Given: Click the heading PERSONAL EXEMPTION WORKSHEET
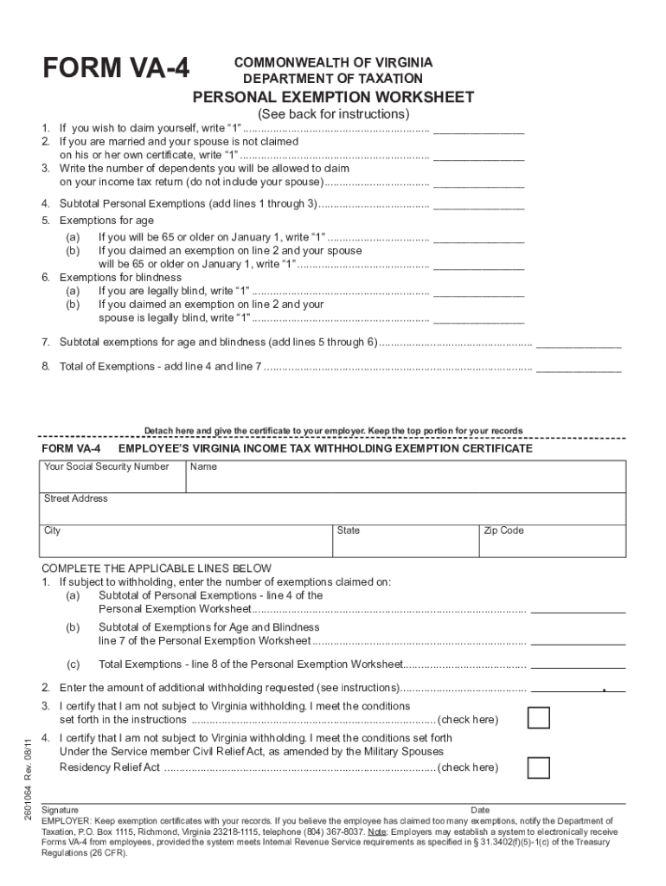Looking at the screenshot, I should point(333,97).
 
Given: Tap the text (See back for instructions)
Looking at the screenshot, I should point(333,114).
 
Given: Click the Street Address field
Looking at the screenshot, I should point(333,509).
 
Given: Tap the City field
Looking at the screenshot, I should point(185,541).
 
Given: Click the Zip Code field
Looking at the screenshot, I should point(552,541).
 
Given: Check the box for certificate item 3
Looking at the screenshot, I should point(539,719).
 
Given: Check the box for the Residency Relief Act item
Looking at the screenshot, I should point(539,767).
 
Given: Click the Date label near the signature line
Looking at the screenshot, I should point(480,811).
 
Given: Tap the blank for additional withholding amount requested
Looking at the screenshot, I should point(577,689).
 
